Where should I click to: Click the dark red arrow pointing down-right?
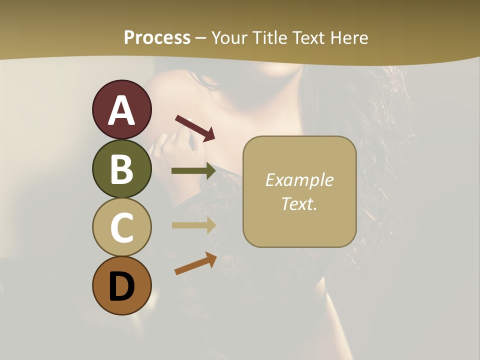195,128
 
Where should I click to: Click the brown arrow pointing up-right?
195,264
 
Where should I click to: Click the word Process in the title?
157,38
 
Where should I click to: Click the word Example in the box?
299,180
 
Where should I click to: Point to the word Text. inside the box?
299,204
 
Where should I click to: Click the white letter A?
121,110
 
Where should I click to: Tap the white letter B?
121,169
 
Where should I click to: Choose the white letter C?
121,227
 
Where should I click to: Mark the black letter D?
121,286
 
